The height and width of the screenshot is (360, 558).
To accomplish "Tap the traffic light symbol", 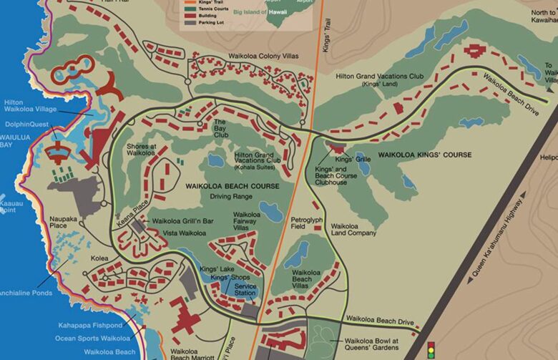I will point(431,351).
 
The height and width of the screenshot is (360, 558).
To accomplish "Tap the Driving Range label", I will point(231,195).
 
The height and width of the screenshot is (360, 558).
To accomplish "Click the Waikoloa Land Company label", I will point(353,230).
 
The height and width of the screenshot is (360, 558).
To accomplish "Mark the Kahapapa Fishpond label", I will point(90,325).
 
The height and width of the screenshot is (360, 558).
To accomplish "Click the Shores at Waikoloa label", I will point(141,150).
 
